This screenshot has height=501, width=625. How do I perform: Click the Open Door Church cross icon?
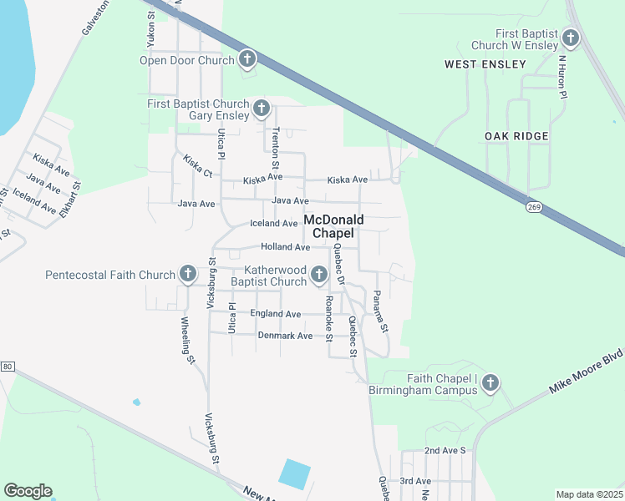click(247, 59)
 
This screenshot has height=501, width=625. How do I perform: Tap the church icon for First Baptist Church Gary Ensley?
click(262, 108)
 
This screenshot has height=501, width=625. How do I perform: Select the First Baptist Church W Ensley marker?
click(571, 38)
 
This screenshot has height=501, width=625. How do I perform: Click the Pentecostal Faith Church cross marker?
click(188, 274)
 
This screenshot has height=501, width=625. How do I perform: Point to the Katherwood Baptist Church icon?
click(318, 275)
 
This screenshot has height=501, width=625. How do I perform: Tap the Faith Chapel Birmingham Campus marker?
click(490, 382)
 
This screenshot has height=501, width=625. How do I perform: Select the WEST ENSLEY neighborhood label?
click(485, 64)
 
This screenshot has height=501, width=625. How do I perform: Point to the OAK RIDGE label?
click(516, 136)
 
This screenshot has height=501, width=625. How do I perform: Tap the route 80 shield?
click(8, 367)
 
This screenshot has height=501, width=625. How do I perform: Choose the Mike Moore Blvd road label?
click(586, 372)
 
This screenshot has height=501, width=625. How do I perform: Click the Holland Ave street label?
click(285, 247)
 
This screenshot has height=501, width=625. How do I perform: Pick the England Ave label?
click(276, 314)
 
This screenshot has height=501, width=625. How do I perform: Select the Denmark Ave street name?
click(285, 336)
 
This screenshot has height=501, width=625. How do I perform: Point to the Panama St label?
click(381, 311)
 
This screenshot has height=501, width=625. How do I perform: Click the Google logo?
click(28, 491)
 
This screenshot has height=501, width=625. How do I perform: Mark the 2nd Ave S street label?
click(444, 450)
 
